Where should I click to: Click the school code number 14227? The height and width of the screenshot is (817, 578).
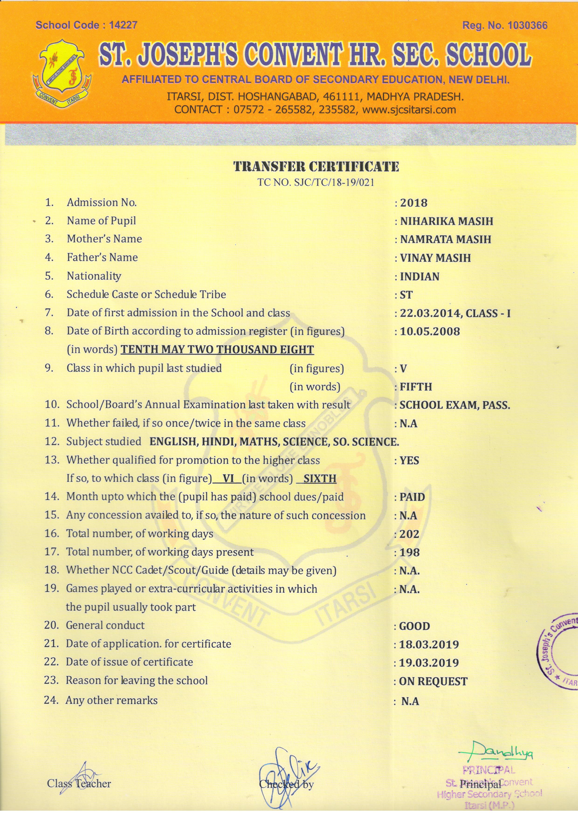click(x=123, y=25)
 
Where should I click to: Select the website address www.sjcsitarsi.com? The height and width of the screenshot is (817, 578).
click(x=409, y=109)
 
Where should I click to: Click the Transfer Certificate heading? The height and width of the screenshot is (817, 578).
click(x=316, y=167)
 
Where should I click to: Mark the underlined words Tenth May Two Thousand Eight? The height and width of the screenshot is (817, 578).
click(x=217, y=350)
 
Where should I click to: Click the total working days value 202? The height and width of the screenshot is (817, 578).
click(x=409, y=534)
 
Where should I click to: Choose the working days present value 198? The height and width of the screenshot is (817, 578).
click(x=409, y=553)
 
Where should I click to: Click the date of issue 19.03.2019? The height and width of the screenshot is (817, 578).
click(x=429, y=663)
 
